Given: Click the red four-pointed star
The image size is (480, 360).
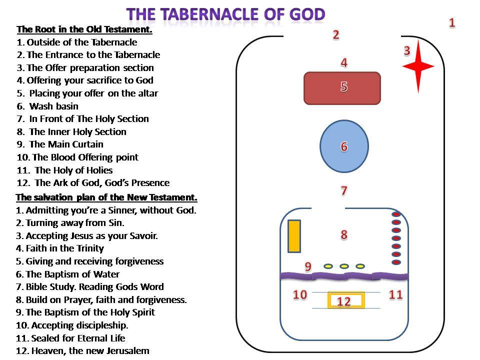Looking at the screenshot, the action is coord(418,66).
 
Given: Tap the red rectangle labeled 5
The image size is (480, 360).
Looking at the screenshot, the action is coord(342,88).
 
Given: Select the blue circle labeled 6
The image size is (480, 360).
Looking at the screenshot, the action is coord(344,146).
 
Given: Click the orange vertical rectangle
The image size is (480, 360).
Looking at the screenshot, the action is coord(294,236).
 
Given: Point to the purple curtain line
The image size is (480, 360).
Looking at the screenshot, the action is coord(344,276).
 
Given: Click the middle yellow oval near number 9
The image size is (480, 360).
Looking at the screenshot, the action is coord(344,266).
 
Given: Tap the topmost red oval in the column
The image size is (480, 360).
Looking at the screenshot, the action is coord(396,214).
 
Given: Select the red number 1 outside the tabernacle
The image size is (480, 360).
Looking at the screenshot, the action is coord(452,22).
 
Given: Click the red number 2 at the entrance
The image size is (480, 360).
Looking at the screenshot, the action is coord(336,34).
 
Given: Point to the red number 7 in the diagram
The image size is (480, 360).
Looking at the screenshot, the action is coord(344,190).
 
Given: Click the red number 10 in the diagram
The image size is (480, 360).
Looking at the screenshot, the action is coord(300,294).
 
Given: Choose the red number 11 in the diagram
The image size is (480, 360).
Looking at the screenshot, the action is coord(395,294).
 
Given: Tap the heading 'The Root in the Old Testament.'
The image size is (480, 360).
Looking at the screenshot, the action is coord(84,29).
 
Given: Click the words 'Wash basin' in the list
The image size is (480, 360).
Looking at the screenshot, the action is coord(54,106).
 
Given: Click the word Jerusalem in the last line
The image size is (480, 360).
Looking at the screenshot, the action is coord(128,350).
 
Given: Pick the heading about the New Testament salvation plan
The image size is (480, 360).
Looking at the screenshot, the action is coord(106,197).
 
